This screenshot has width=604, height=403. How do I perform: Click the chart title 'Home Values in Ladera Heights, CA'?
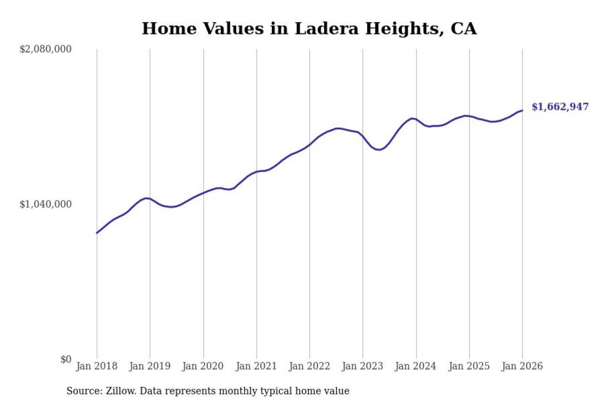pyautogui.click(x=309, y=29)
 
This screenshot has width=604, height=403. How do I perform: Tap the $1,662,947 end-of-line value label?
pyautogui.click(x=560, y=107)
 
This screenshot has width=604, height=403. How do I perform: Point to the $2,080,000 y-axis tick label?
pyautogui.click(x=45, y=49)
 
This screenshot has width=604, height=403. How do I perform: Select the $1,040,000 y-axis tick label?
pyautogui.click(x=45, y=204)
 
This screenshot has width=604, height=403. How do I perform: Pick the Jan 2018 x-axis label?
pyautogui.click(x=97, y=367)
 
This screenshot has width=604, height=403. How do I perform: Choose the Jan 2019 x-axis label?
pyautogui.click(x=150, y=367)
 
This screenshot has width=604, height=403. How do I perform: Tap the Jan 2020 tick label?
pyautogui.click(x=203, y=367)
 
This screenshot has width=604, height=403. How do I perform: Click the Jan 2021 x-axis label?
pyautogui.click(x=257, y=367)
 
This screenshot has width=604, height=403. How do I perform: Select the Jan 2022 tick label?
pyautogui.click(x=310, y=367)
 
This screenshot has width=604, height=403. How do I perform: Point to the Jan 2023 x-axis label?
pyautogui.click(x=363, y=367)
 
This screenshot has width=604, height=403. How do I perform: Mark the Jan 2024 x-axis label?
pyautogui.click(x=416, y=367)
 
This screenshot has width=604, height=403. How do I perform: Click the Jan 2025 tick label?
pyautogui.click(x=470, y=367)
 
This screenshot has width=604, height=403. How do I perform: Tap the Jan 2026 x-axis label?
pyautogui.click(x=522, y=367)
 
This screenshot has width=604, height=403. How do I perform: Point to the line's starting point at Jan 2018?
pyautogui.click(x=97, y=232)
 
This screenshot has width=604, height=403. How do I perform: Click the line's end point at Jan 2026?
pyautogui.click(x=522, y=111)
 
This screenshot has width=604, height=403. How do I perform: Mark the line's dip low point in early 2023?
pyautogui.click(x=379, y=150)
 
